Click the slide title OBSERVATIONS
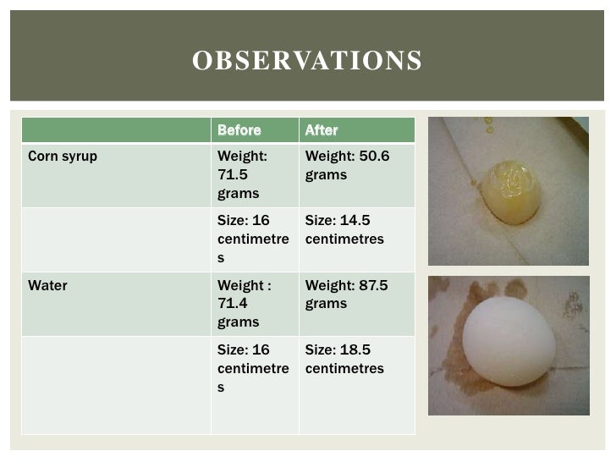pos(306,62)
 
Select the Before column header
pos(239,130)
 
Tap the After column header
pos(321,130)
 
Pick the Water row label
pos(47,286)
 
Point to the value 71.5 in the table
pos(231,175)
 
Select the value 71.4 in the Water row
pos(231,304)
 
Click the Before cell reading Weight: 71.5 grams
pos(252,175)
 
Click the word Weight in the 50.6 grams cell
pos(328,157)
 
